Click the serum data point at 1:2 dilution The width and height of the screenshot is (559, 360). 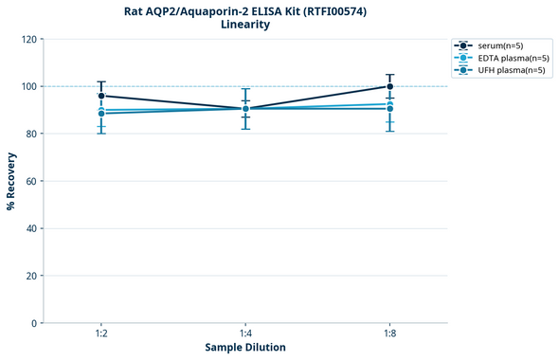[x=101, y=96]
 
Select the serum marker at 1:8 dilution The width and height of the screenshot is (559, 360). [x=389, y=86]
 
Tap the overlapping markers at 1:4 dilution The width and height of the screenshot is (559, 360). [x=245, y=108]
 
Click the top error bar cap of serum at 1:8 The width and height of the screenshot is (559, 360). [x=389, y=75]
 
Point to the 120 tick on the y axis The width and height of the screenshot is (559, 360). [x=29, y=40]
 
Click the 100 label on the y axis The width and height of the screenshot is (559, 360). [x=29, y=86]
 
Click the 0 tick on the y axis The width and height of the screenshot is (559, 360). [x=35, y=323]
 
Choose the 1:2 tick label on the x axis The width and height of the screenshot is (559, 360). [x=101, y=334]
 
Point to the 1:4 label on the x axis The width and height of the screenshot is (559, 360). [x=245, y=334]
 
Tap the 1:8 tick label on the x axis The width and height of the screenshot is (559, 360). [x=389, y=334]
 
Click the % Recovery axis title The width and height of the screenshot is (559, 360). [x=11, y=180]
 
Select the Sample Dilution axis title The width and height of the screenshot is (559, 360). [x=245, y=348]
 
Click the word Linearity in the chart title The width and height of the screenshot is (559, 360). [x=244, y=25]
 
